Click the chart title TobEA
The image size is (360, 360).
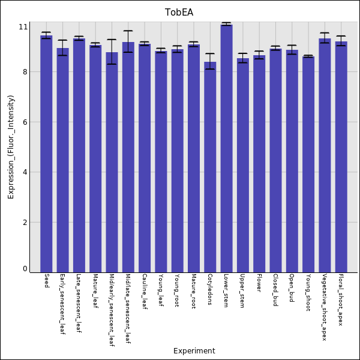(179, 13)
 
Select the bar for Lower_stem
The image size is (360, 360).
(226, 148)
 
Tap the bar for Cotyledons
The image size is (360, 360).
(210, 167)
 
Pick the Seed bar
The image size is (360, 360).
(46, 154)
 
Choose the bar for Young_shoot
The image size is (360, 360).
(308, 164)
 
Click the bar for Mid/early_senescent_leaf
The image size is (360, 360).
(112, 162)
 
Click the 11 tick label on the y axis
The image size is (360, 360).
(23, 27)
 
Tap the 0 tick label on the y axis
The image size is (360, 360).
(25, 269)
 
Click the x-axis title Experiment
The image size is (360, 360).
(194, 351)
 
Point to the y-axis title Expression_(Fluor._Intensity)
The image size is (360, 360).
(11, 147)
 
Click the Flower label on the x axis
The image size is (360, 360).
(259, 283)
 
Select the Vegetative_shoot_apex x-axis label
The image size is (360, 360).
(325, 307)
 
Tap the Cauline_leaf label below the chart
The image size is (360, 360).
(145, 292)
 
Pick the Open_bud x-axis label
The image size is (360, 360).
(292, 287)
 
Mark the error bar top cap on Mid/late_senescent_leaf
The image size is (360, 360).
(128, 31)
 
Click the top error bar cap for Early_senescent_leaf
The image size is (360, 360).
(62, 40)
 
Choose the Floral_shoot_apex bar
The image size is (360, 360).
(341, 157)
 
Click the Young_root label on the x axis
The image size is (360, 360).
(177, 290)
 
